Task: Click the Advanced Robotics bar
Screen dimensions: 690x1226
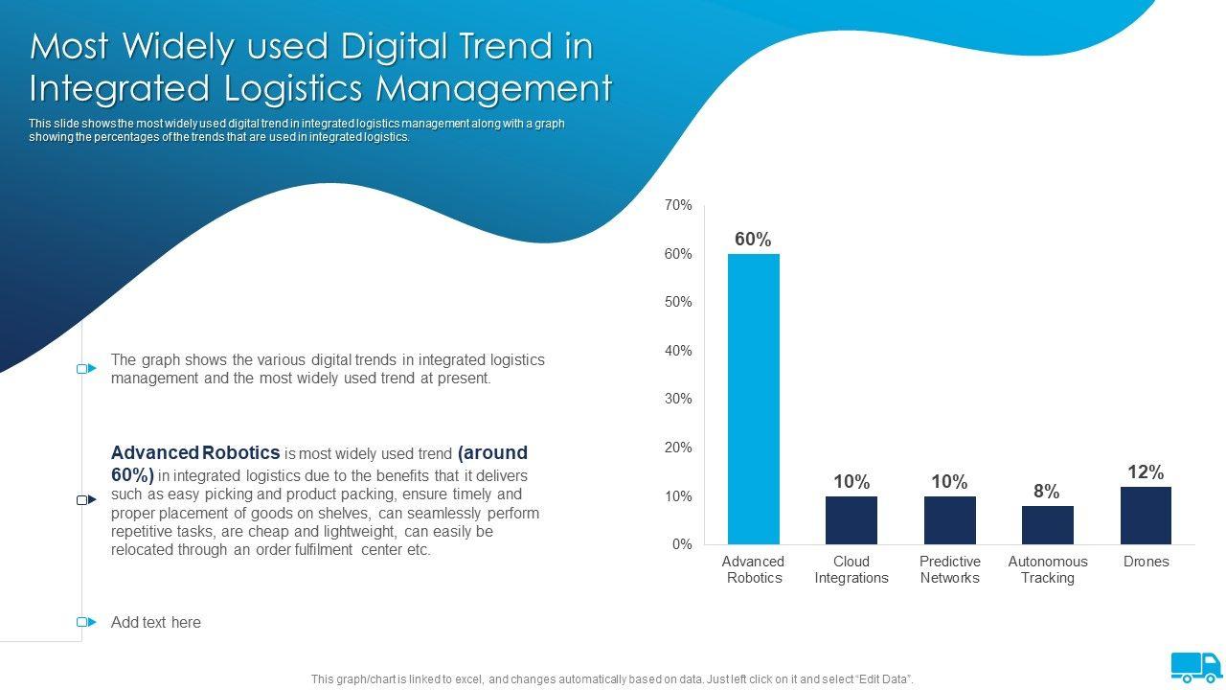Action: [754, 399]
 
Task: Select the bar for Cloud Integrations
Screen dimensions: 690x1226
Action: [851, 520]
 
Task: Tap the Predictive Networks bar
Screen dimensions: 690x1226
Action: [949, 520]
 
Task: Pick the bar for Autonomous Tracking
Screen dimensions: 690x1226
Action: [1047, 525]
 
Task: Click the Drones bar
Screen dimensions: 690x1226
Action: [1146, 516]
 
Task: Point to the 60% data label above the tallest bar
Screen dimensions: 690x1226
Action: [753, 240]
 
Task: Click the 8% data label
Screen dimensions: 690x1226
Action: [1047, 492]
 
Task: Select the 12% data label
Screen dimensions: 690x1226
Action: [1146, 472]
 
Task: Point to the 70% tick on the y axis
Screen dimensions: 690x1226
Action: [678, 205]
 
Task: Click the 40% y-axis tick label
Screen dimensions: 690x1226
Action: [678, 351]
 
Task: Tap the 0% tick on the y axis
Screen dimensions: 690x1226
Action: [681, 544]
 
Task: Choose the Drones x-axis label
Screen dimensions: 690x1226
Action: [1146, 562]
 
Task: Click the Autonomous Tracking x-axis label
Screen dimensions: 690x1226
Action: [1048, 569]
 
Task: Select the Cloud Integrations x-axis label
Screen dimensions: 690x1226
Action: [851, 569]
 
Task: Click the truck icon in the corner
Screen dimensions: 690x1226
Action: [1196, 666]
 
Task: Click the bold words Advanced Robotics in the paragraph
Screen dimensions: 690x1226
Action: [195, 452]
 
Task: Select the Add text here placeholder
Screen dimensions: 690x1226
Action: [156, 622]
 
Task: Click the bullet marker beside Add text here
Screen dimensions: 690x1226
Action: [86, 622]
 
